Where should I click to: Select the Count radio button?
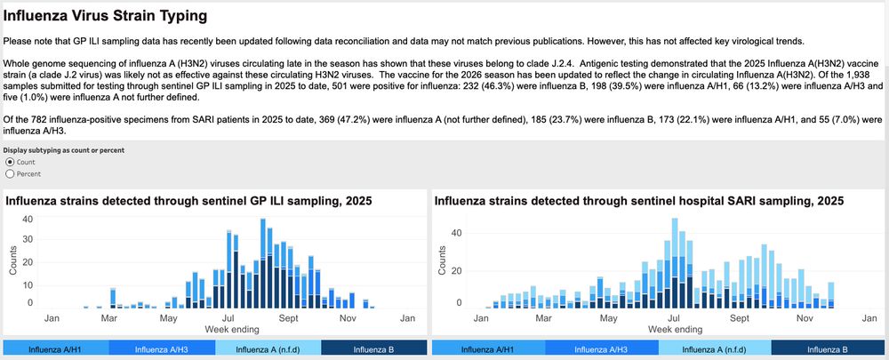click(10, 162)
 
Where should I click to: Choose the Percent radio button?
click(10, 174)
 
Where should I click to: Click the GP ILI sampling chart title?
click(188, 201)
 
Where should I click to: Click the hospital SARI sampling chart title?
click(638, 201)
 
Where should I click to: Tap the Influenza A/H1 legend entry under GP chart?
click(56, 350)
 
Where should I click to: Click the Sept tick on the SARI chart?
click(740, 317)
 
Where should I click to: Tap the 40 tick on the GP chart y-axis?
click(28, 220)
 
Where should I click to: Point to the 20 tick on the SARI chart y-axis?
click(457, 268)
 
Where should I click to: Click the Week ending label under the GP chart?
click(229, 329)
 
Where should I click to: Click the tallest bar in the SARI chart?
click(675, 262)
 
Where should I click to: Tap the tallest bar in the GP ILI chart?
click(263, 263)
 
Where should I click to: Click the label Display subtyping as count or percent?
click(62, 150)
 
